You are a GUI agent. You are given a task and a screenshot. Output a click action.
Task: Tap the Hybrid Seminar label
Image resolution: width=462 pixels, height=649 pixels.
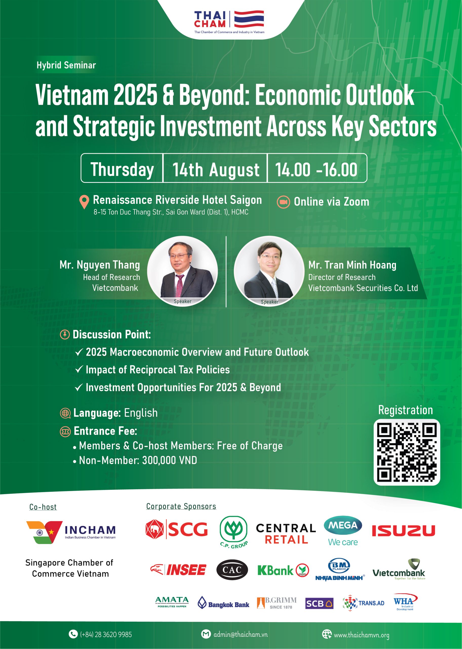coord(66,65)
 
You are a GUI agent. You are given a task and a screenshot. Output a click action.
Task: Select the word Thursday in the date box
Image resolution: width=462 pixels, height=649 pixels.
coord(122,170)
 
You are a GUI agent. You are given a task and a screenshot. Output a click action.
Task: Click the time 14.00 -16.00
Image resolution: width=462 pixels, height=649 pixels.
coord(316,170)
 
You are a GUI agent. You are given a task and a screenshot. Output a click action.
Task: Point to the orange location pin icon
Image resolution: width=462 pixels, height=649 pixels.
coord(84,202)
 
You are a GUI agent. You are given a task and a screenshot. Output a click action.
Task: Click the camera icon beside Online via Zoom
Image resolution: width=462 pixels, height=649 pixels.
coord(283,202)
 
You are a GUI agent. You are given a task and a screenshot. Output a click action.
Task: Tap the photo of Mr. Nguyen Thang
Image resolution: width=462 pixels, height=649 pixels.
coord(182,271)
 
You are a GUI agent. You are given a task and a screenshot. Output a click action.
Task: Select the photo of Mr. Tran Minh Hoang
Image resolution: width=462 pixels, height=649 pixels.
coord(269,271)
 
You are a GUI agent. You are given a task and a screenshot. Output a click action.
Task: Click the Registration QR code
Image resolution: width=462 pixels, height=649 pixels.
coord(407,452)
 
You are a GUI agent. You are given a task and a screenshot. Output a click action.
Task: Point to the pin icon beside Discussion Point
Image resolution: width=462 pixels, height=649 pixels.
coord(65,334)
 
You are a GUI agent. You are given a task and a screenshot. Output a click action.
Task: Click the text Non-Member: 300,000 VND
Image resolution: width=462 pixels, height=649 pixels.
coord(138,460)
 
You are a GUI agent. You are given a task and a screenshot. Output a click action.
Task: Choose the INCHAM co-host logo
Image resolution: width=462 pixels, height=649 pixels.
coord(71,532)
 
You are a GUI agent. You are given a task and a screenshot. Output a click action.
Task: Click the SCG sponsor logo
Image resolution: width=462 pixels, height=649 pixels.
coord(176,529)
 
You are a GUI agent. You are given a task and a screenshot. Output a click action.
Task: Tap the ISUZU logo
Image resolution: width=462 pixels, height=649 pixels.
coord(404,531)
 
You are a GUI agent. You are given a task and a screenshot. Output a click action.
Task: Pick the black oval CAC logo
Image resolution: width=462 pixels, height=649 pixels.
coord(232,570)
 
